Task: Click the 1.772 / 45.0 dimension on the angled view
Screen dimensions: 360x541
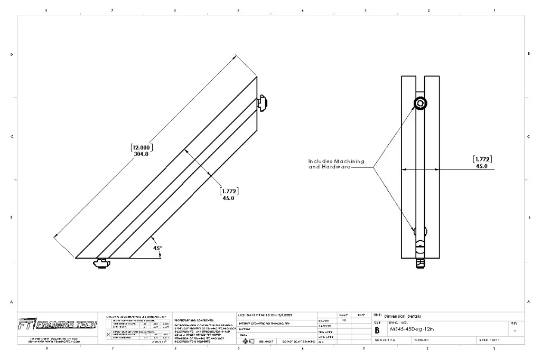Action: pyautogui.click(x=228, y=194)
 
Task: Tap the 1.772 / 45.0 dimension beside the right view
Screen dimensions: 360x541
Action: pyautogui.click(x=482, y=162)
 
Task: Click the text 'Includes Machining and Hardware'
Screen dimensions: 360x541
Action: pyautogui.click(x=336, y=164)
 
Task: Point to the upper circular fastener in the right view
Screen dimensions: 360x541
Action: pyautogui.click(x=420, y=103)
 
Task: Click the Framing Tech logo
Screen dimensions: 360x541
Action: pyautogui.click(x=57, y=324)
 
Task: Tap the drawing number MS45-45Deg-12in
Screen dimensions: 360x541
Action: pyautogui.click(x=411, y=329)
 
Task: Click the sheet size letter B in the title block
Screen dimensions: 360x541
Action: pyautogui.click(x=377, y=329)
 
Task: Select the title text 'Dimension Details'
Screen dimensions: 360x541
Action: pyautogui.click(x=403, y=316)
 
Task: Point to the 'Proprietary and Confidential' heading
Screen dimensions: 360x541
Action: pyautogui.click(x=193, y=320)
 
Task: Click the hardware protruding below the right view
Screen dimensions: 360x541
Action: pyautogui.click(x=420, y=262)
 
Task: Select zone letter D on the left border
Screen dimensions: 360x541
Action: pyautogui.click(x=12, y=54)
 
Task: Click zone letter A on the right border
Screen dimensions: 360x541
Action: pyautogui.click(x=529, y=301)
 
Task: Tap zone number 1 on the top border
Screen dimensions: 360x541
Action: pyautogui.click(x=494, y=10)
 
